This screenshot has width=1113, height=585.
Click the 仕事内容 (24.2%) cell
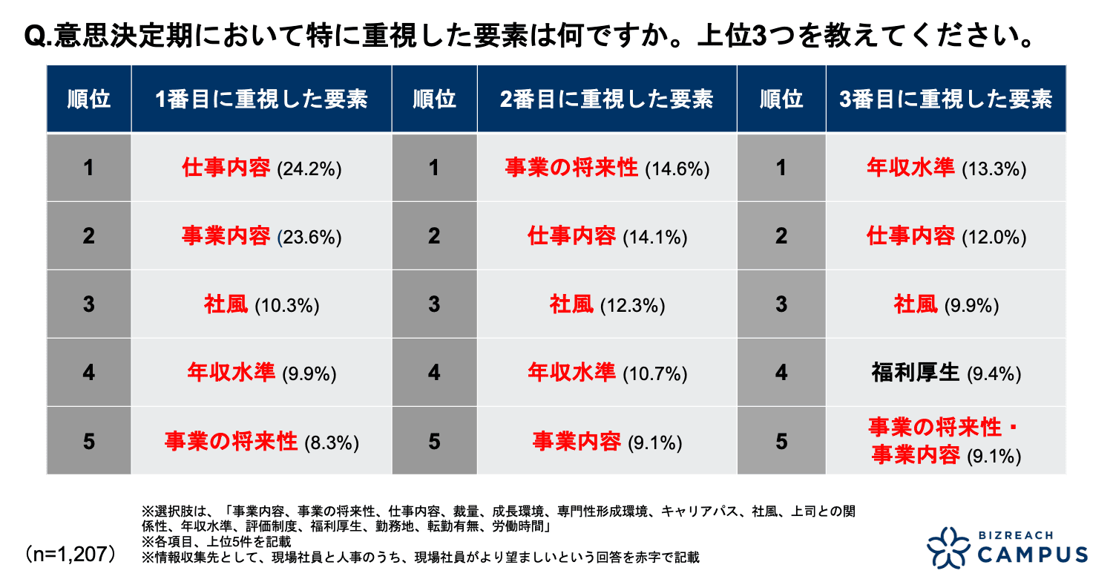(261, 169)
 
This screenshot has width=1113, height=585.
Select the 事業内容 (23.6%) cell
(261, 237)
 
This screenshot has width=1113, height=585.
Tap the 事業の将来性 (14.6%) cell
(607, 169)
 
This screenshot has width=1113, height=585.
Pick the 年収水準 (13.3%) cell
(946, 169)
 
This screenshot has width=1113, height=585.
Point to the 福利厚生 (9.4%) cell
(946, 373)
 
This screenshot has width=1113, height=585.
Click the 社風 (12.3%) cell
(607, 305)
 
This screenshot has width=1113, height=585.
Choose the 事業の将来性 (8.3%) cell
(261, 442)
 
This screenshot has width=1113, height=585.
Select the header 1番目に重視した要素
(261, 99)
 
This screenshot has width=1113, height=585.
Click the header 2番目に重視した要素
(607, 99)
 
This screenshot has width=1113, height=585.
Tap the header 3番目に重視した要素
(946, 99)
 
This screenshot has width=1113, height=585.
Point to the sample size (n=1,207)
(70, 554)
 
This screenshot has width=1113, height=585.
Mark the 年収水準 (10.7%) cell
(607, 373)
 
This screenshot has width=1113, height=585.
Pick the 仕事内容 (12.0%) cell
(946, 237)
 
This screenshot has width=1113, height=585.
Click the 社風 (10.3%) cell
(261, 305)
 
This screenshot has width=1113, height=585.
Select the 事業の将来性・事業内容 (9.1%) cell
(946, 442)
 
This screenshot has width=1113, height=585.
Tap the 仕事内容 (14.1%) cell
(607, 237)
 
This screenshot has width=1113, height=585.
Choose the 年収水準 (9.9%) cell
(261, 373)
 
